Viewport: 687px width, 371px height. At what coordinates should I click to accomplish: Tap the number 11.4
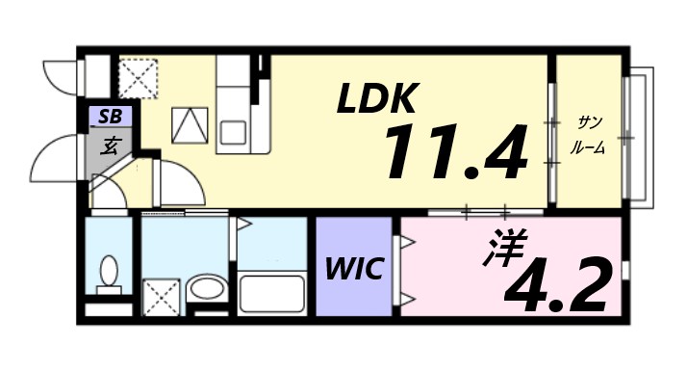click(x=456, y=152)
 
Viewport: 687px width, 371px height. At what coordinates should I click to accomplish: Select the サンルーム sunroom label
click(x=588, y=134)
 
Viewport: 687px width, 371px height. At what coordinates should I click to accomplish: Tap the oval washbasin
click(x=203, y=287)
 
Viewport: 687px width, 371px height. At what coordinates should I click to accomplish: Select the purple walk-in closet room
click(x=355, y=267)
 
